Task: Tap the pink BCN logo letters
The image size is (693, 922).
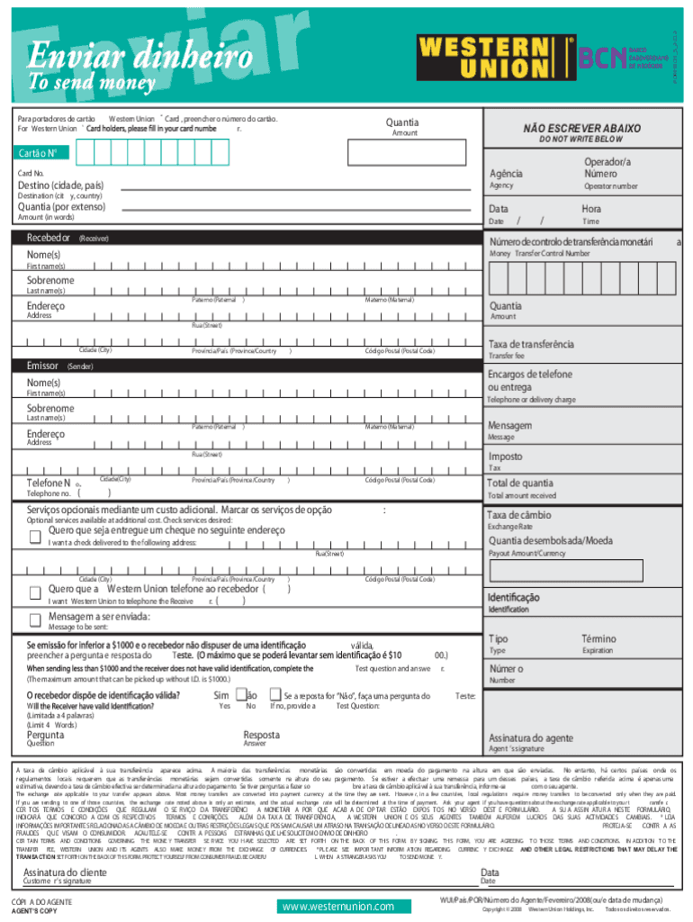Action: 601,58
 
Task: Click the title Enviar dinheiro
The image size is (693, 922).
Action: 139,59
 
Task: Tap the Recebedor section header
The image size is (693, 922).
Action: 49,238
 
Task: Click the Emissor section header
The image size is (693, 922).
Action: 44,366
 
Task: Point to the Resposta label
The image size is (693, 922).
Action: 261,735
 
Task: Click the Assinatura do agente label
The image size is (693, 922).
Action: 530,738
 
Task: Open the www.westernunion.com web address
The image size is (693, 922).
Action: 337,906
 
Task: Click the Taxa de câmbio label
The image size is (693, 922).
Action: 519,515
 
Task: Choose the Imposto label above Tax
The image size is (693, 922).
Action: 505,456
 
